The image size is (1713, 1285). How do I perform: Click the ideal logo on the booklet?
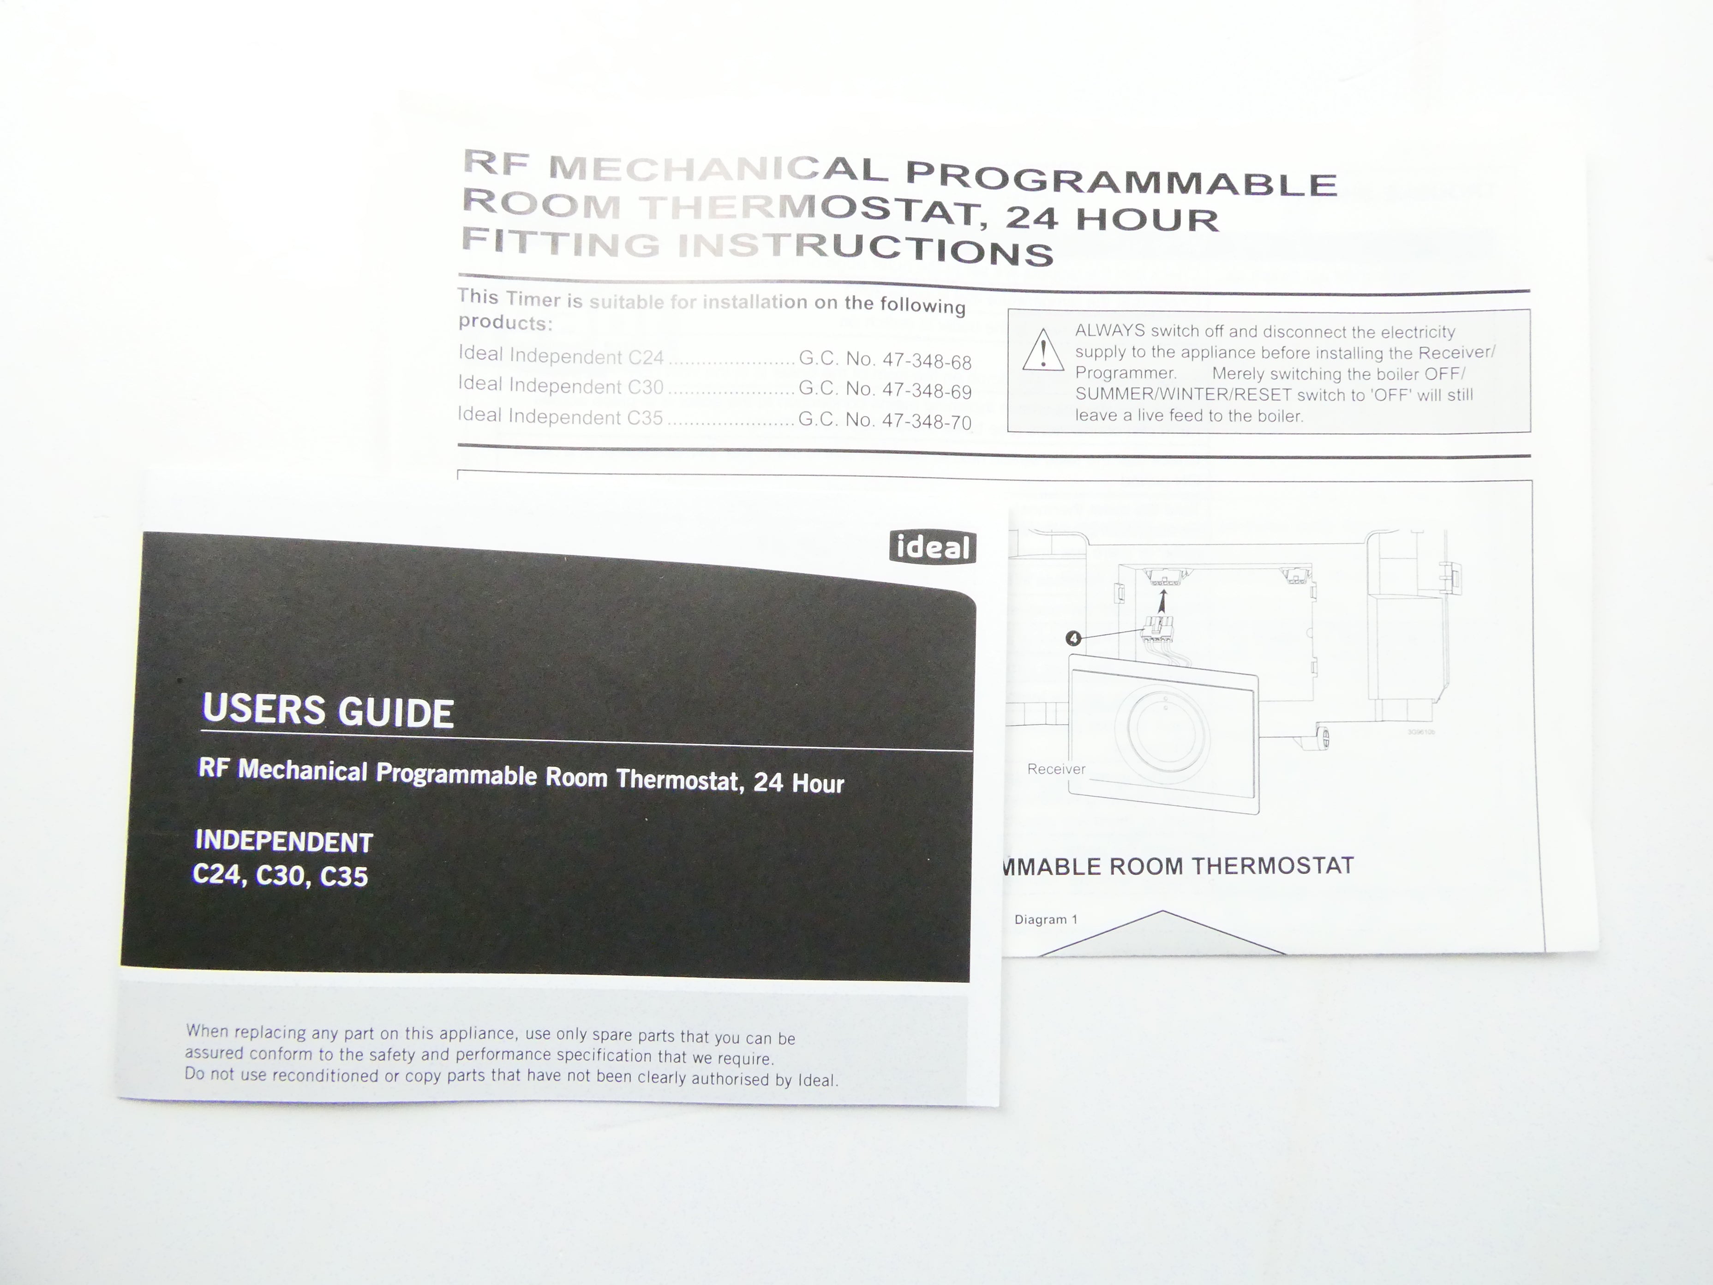coord(932,547)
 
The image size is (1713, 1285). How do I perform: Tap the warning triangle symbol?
coord(1043,351)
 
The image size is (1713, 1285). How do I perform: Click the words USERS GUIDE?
coord(328,711)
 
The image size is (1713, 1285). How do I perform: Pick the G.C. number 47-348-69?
coord(927,391)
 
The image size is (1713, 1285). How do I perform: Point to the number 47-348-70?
coord(927,421)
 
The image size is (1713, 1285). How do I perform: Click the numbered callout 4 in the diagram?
coord(1073,638)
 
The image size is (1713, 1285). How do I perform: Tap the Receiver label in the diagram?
coord(1056,769)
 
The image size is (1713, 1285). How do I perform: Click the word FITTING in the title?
coord(561,243)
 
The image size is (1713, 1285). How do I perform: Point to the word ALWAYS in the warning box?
coord(1110,331)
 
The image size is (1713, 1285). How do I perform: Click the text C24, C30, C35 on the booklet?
coord(280,875)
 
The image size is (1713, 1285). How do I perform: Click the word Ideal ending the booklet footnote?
coord(818,1080)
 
